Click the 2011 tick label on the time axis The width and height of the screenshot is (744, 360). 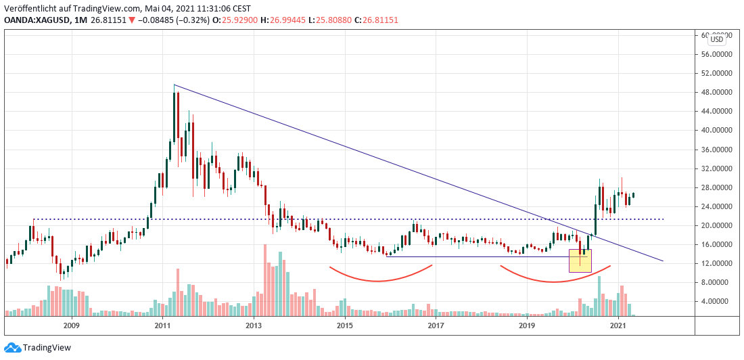coord(163,325)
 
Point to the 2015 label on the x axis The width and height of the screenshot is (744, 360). coord(345,325)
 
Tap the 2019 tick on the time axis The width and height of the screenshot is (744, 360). coord(527,325)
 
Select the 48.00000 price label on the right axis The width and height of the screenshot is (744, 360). coord(715,92)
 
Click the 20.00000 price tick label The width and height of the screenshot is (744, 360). coord(715,225)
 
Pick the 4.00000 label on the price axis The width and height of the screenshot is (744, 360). coord(717,301)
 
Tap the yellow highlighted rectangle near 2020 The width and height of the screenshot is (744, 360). coord(580,261)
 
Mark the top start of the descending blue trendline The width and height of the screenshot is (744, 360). coord(175,85)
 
